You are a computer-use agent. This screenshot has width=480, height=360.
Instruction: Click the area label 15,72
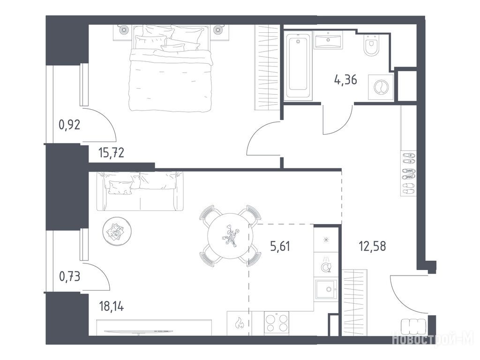(x=112, y=152)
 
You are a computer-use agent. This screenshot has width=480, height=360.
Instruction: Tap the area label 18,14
(x=112, y=306)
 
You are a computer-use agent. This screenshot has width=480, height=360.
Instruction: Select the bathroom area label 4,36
(x=345, y=80)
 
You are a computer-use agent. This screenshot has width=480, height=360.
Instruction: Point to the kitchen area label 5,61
(x=280, y=246)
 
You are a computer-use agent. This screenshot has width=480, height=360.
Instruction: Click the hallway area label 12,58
(x=372, y=246)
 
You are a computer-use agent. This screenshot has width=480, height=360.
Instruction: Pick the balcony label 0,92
(x=69, y=125)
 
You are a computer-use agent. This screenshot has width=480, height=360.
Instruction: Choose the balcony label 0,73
(x=69, y=277)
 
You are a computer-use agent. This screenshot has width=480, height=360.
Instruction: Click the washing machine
(x=381, y=87)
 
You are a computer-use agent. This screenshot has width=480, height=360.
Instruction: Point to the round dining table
(x=230, y=236)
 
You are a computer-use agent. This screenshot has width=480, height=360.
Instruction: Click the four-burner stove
(x=276, y=323)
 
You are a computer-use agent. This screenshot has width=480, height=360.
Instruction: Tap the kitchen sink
(x=326, y=290)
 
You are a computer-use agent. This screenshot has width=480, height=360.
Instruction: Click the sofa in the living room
(x=140, y=191)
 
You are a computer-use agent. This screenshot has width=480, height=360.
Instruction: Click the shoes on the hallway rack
(x=408, y=173)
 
